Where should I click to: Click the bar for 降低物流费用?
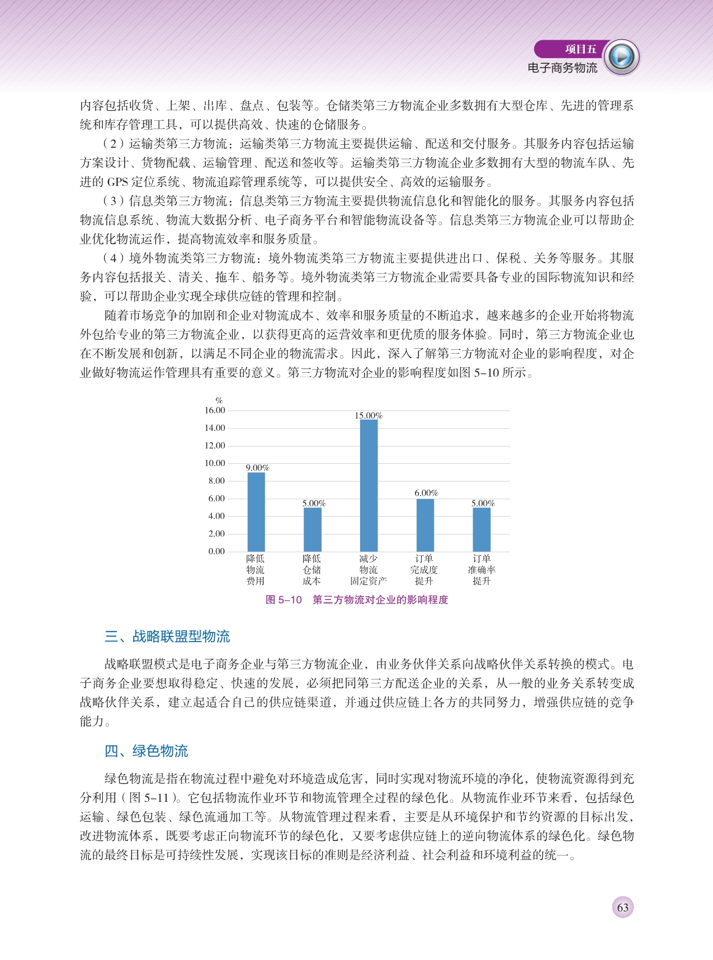[x=256, y=512]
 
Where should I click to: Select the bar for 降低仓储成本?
[x=312, y=529]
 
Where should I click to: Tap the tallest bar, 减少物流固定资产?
[x=369, y=485]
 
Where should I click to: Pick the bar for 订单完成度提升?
[x=425, y=525]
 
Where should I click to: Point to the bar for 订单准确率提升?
[x=481, y=529]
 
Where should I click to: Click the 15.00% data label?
[x=369, y=416]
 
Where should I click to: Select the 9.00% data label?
[x=257, y=468]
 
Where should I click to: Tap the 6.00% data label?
[x=426, y=493]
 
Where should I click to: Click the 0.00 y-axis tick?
[x=216, y=552]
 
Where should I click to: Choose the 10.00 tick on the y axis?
[x=215, y=463]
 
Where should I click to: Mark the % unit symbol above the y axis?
[x=219, y=400]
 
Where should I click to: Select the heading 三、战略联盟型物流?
[x=167, y=636]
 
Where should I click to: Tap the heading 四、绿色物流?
[x=147, y=751]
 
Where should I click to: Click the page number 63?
[x=622, y=907]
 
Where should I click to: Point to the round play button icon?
[x=622, y=57]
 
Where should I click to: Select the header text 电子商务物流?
[x=562, y=68]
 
